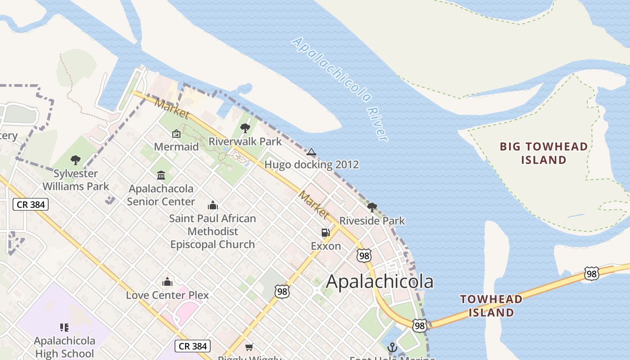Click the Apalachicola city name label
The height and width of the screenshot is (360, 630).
(379, 282)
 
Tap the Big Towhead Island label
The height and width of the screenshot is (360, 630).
(544, 153)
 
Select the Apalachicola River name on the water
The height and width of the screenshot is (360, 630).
(340, 89)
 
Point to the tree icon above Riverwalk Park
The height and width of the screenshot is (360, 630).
(245, 128)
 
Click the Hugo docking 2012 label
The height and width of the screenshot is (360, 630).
(311, 164)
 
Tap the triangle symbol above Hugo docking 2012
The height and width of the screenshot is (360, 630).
(311, 152)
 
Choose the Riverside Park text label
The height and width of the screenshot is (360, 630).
(372, 221)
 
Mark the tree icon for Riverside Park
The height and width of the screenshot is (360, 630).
(372, 207)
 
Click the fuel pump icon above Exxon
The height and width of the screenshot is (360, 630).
(326, 233)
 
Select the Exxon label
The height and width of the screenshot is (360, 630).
(326, 246)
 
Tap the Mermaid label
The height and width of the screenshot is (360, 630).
(176, 147)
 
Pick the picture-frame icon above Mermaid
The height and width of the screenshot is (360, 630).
(176, 134)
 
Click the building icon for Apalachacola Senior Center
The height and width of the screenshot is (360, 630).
(161, 175)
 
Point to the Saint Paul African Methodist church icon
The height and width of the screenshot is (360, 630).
(213, 206)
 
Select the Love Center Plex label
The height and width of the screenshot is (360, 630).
(167, 295)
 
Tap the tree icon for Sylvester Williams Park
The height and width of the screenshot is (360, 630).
(76, 160)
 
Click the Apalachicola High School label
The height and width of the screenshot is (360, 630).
(64, 347)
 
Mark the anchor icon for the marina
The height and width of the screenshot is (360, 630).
(392, 347)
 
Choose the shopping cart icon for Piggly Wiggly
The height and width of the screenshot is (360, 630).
(249, 347)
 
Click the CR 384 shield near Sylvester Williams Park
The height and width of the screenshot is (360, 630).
(30, 204)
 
